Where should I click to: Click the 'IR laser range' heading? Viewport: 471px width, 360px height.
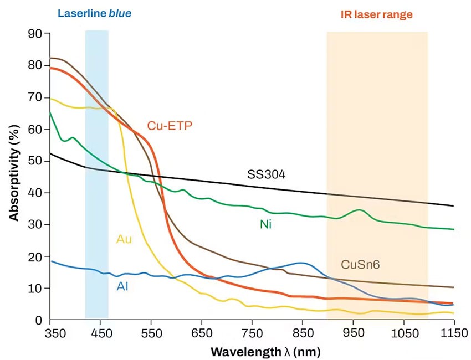(376, 14)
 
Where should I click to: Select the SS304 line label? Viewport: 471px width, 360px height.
(266, 175)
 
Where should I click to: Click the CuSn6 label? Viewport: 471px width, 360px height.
(360, 264)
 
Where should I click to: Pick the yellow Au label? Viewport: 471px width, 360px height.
(124, 239)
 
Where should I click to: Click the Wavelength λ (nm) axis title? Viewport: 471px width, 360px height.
(265, 352)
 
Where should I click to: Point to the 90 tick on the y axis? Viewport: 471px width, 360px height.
(36, 33)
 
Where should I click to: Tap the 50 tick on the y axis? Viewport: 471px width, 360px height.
(36, 161)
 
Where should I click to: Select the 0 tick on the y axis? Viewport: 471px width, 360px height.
(39, 320)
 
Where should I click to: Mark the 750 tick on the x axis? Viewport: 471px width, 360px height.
(252, 334)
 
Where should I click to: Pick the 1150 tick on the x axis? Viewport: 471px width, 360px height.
(453, 334)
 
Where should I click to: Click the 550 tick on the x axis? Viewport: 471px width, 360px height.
(151, 334)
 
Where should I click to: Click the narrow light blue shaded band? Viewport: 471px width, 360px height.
(96, 166)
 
